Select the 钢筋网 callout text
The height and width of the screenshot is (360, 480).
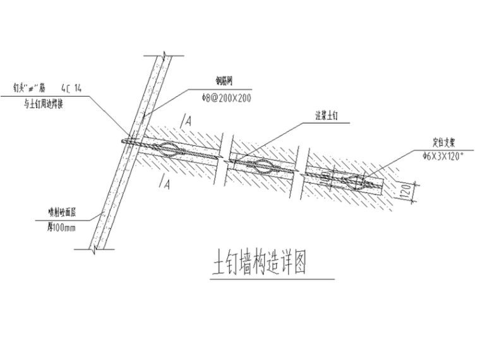pos(225,80)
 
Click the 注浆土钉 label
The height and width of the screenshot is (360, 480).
pos(329,116)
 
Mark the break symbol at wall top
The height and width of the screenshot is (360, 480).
pos(163,57)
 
